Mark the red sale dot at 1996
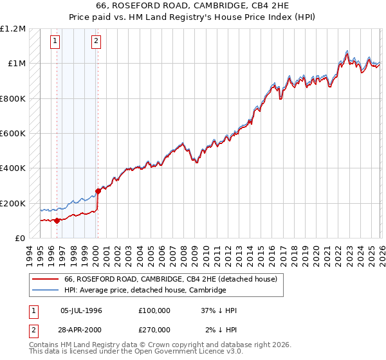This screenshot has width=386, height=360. [x=57, y=221]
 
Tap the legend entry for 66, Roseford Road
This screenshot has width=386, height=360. [x=170, y=280]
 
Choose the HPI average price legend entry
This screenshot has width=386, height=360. [x=145, y=291]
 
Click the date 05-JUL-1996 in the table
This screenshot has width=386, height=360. [x=81, y=310]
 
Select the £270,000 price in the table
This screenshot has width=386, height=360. [x=154, y=330]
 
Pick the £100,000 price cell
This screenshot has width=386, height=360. [x=154, y=310]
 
